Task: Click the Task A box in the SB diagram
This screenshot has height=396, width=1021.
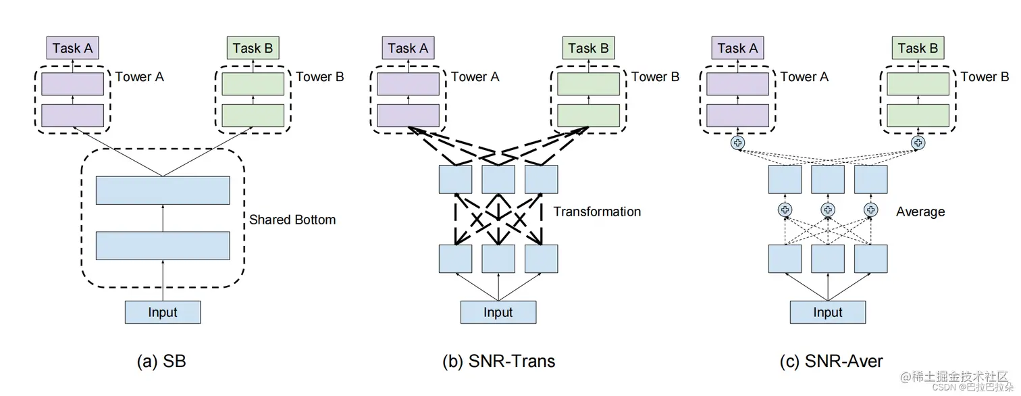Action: coord(72,48)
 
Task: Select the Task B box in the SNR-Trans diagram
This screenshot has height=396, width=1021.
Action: coord(588,48)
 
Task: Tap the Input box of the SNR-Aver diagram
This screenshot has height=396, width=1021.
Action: coord(828,312)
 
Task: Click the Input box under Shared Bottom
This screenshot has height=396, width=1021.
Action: coord(163,312)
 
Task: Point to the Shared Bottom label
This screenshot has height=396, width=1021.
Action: coord(292,220)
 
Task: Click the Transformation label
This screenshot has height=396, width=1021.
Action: coord(597,212)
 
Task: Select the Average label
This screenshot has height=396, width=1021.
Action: coord(920,212)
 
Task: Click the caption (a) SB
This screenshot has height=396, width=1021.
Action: coord(161,361)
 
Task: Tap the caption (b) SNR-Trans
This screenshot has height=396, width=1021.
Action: coord(498,361)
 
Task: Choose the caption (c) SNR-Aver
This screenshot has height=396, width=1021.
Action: coord(831,361)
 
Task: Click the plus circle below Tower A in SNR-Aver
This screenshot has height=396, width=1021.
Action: coord(737,143)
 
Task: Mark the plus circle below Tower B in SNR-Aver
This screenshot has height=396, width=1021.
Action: coord(918,143)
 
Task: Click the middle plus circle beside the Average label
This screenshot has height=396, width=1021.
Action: coord(828,209)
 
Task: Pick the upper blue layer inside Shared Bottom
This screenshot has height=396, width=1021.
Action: coord(163,191)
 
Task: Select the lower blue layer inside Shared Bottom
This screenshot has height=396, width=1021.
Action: coord(163,246)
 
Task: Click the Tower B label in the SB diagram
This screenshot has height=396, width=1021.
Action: coord(319,76)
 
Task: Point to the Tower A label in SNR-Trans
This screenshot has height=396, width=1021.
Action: coord(475,76)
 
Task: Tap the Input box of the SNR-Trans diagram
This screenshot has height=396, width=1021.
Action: coord(498,312)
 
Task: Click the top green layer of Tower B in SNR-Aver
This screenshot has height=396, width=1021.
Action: coord(918,84)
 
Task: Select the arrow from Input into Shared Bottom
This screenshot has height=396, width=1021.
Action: coord(163,280)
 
